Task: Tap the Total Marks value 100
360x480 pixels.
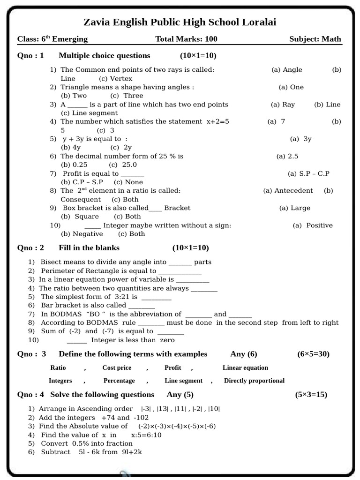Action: click(x=210, y=39)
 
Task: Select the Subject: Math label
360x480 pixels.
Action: click(x=315, y=39)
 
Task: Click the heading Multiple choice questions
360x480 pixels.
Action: click(x=104, y=56)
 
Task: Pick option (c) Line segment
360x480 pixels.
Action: click(x=89, y=113)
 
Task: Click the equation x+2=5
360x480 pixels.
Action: click(x=217, y=121)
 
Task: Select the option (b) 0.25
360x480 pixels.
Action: click(x=74, y=165)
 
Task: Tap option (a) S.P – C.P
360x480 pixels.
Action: click(x=308, y=173)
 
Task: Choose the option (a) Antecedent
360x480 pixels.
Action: click(x=288, y=191)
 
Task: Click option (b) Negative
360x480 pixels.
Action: click(x=82, y=234)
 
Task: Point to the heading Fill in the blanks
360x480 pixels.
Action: click(x=89, y=248)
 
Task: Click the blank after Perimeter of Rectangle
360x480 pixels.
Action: click(x=180, y=271)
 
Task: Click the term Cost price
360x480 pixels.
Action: click(x=117, y=368)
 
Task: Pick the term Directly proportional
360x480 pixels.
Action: click(x=254, y=381)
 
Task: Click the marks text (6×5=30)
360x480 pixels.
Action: click(x=313, y=354)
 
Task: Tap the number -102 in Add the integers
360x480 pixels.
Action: click(x=142, y=418)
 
